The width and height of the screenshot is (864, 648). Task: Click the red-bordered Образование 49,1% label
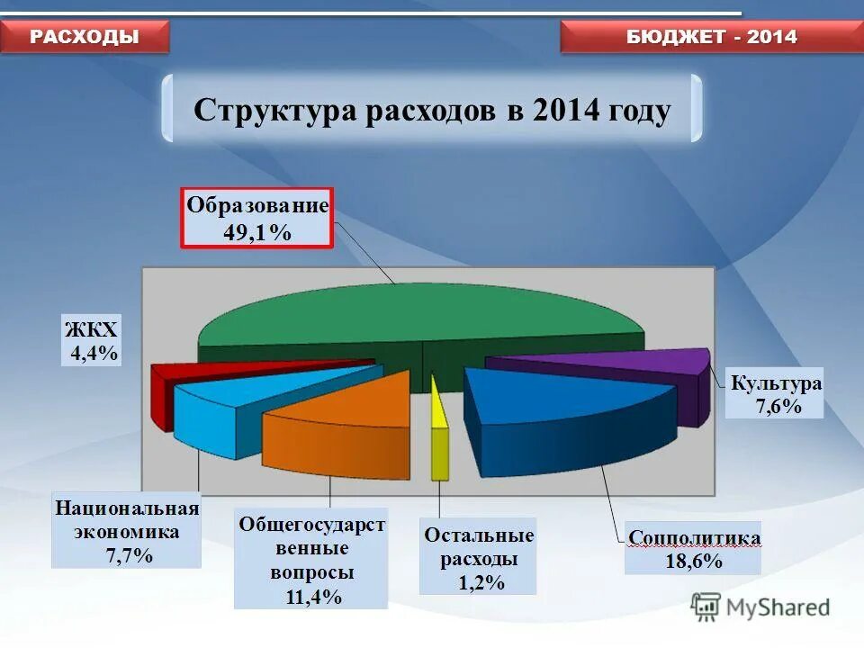257,218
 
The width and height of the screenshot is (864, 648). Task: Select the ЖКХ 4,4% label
90,340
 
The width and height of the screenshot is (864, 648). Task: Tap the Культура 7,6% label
776,394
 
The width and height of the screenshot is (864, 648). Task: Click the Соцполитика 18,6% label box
693,549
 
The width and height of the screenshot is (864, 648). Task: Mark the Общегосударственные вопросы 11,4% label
311,559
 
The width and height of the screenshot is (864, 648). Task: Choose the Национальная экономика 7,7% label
126,531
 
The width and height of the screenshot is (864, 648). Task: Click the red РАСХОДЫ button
85,36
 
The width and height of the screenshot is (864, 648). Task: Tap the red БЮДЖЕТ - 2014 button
711,37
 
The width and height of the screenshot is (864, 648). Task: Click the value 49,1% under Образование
257,232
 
